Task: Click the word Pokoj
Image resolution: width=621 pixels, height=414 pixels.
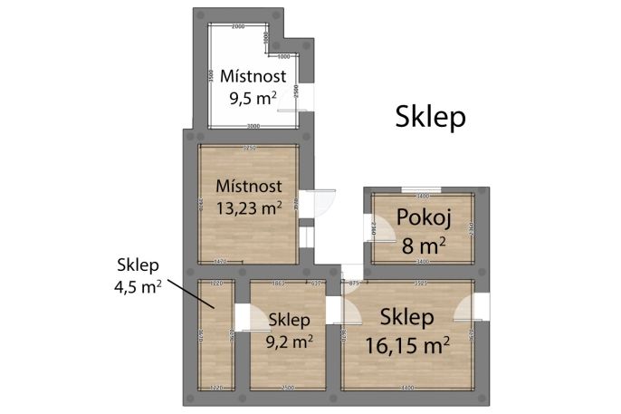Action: tap(418, 218)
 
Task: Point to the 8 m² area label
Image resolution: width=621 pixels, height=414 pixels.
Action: tap(423, 243)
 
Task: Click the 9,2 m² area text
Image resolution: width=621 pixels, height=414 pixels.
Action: tap(291, 342)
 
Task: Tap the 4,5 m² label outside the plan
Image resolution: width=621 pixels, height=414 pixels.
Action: tap(138, 288)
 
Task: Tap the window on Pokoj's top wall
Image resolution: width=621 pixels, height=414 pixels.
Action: tap(422, 188)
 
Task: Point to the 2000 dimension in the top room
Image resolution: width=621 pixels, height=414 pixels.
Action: tap(238, 27)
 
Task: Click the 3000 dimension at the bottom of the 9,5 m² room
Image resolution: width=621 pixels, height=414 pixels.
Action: tap(253, 126)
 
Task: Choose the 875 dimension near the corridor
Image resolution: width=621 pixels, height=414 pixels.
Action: tap(354, 284)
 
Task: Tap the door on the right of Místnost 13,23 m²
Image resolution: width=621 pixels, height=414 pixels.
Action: tap(320, 205)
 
